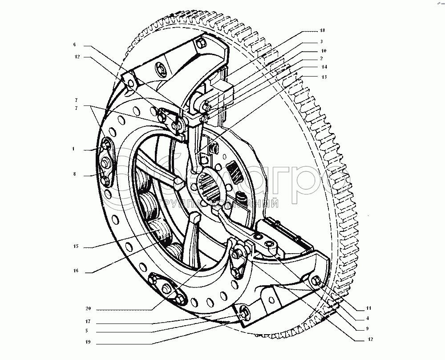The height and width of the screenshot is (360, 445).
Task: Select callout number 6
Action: tap(75, 44)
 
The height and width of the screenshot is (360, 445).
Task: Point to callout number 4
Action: tap(355, 318)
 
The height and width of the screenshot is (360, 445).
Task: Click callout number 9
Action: tap(355, 328)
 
